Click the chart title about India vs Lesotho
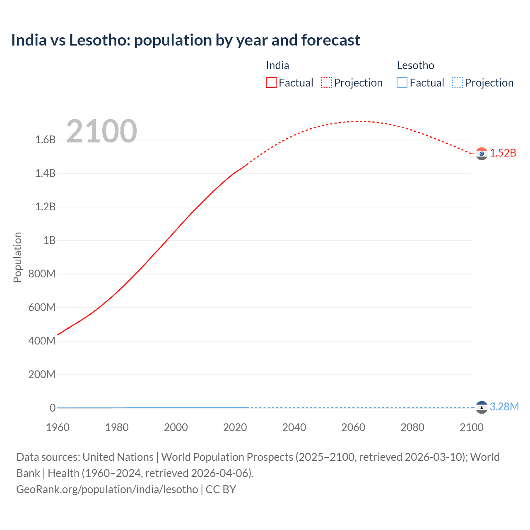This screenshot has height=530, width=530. (185, 40)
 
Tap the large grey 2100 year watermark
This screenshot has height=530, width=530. (101, 131)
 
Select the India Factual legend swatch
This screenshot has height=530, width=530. (271, 83)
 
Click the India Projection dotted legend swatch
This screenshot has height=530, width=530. (326, 83)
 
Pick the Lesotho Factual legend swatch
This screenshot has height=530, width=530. (402, 83)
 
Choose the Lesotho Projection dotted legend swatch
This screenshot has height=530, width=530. (457, 83)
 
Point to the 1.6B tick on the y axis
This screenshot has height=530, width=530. (45, 140)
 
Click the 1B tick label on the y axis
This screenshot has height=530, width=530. (49, 241)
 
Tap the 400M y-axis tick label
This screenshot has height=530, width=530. (42, 341)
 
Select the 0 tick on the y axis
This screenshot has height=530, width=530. (53, 408)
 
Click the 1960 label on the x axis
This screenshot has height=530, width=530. (58, 427)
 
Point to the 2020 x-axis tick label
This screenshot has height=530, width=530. (235, 427)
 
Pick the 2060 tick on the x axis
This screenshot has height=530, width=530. (353, 427)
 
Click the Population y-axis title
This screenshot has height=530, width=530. (17, 257)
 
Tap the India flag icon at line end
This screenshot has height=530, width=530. (482, 154)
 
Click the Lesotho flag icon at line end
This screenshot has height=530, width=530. (482, 407)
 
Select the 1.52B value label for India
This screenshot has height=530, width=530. (503, 153)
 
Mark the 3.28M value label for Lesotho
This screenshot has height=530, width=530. (504, 407)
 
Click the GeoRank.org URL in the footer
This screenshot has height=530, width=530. (107, 489)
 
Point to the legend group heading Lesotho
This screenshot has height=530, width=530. (415, 65)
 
